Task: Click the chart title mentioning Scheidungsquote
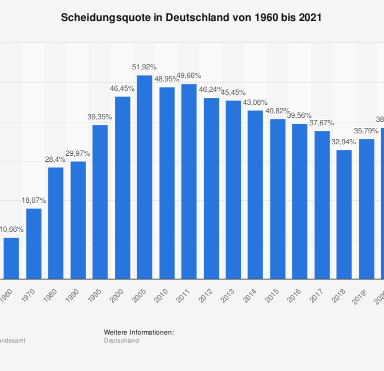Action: coord(191,17)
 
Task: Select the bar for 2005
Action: coord(144,177)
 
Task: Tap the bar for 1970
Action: coord(33,244)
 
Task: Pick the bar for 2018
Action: coord(344,215)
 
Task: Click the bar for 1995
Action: coord(100,202)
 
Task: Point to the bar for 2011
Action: coord(189,181)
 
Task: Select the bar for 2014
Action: coord(255,195)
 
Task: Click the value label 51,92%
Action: coord(144,67)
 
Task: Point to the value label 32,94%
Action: coord(343,142)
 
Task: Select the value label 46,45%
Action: coord(122,88)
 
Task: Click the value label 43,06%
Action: coord(255,102)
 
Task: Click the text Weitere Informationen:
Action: coord(138,332)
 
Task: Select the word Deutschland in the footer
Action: coord(121,341)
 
